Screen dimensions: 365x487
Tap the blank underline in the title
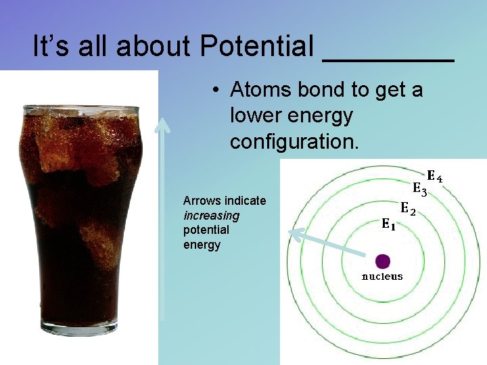tap(388, 59)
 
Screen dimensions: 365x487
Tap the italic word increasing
tap(211, 216)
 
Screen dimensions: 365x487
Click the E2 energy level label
tap(407, 209)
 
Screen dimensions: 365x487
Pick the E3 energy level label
tap(420, 191)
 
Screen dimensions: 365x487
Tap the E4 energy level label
tap(434, 178)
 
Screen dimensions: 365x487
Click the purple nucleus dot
tap(383, 261)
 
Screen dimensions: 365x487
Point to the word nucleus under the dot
tap(382, 276)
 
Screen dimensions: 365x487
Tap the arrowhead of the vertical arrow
tap(162, 124)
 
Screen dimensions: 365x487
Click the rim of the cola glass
tap(80, 108)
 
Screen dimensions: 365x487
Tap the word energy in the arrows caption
tap(202, 245)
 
